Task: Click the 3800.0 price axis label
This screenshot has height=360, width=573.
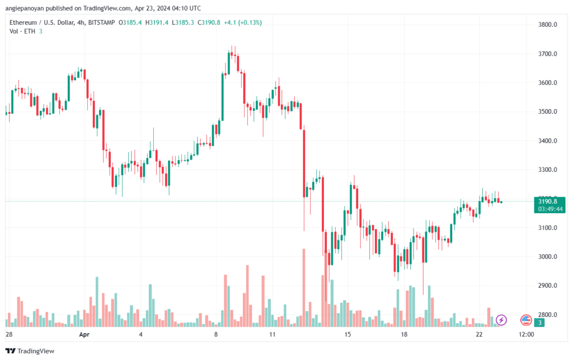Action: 547,25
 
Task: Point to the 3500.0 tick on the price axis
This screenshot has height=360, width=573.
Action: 547,112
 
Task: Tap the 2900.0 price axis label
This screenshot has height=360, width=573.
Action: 547,286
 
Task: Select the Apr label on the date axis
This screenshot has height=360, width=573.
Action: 84,334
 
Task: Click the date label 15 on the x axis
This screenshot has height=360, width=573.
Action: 347,334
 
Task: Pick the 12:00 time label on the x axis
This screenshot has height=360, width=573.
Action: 526,334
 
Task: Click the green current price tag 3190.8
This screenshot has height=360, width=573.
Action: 547,202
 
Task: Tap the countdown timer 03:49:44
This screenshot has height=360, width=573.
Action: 550,209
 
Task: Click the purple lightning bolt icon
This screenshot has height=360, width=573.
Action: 501,320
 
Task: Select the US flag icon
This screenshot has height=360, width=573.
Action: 526,320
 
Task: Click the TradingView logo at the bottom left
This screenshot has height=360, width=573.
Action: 30,351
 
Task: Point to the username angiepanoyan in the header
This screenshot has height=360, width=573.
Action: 25,8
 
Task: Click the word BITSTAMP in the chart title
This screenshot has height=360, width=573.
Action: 102,22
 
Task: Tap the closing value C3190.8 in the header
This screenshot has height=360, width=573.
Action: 209,22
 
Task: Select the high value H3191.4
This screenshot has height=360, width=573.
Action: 157,22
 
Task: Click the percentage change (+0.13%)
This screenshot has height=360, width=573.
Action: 250,22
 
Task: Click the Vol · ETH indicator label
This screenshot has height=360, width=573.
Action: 22,31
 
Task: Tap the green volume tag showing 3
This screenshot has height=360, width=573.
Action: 539,322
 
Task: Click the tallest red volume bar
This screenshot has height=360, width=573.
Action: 304,288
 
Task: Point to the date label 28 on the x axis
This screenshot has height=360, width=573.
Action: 9,334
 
